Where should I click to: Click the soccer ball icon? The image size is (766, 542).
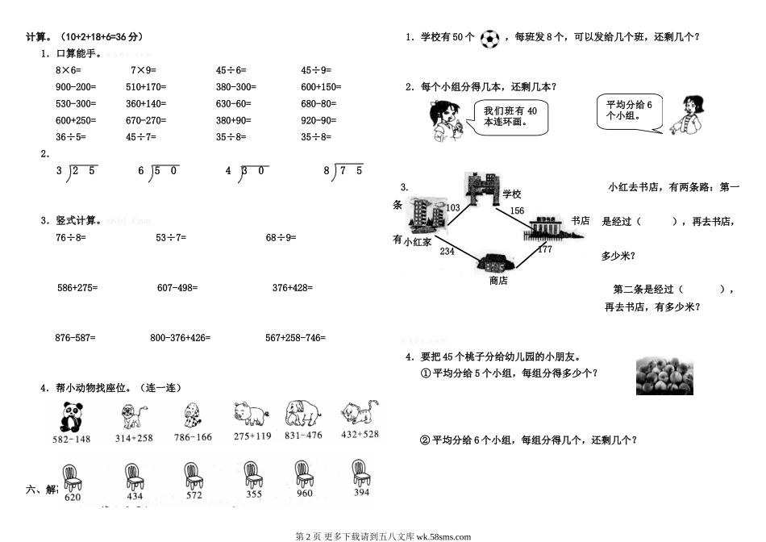click(490, 38)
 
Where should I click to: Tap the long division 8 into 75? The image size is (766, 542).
click(344, 170)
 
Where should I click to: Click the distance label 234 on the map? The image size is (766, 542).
click(447, 252)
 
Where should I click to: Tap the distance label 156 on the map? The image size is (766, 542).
click(517, 211)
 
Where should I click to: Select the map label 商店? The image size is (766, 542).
click(498, 281)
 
